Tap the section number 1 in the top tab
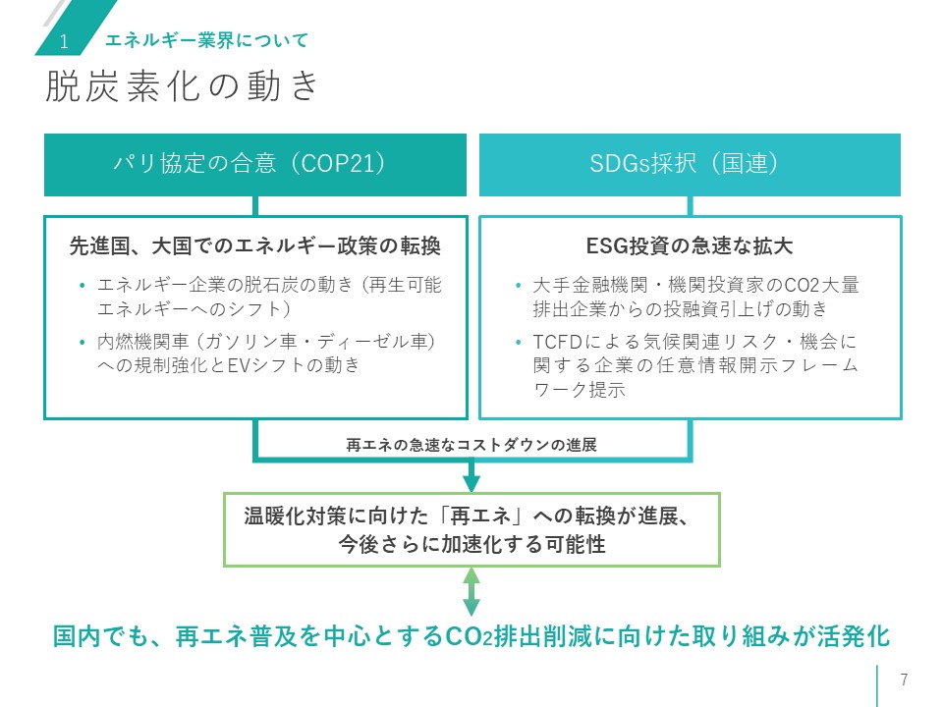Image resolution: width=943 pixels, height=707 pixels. point(64,41)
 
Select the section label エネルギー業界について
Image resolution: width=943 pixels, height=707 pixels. point(206,40)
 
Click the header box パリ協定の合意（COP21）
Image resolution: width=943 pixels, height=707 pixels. point(255,164)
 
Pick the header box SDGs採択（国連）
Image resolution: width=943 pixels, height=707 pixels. point(690,164)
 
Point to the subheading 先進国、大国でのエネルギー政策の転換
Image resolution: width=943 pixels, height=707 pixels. point(255,245)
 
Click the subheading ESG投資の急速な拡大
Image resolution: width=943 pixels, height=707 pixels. point(690,245)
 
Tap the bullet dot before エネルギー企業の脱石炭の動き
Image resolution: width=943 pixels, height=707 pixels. point(83,287)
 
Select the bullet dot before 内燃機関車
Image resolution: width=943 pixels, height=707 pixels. point(83,343)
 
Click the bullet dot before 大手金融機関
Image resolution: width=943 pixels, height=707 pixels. point(518,287)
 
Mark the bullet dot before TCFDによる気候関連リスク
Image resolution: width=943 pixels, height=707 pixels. point(518,343)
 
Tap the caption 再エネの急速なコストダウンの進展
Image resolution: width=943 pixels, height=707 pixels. point(471,445)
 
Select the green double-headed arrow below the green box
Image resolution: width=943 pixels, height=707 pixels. point(471,592)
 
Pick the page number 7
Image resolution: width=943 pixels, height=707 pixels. point(904,680)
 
